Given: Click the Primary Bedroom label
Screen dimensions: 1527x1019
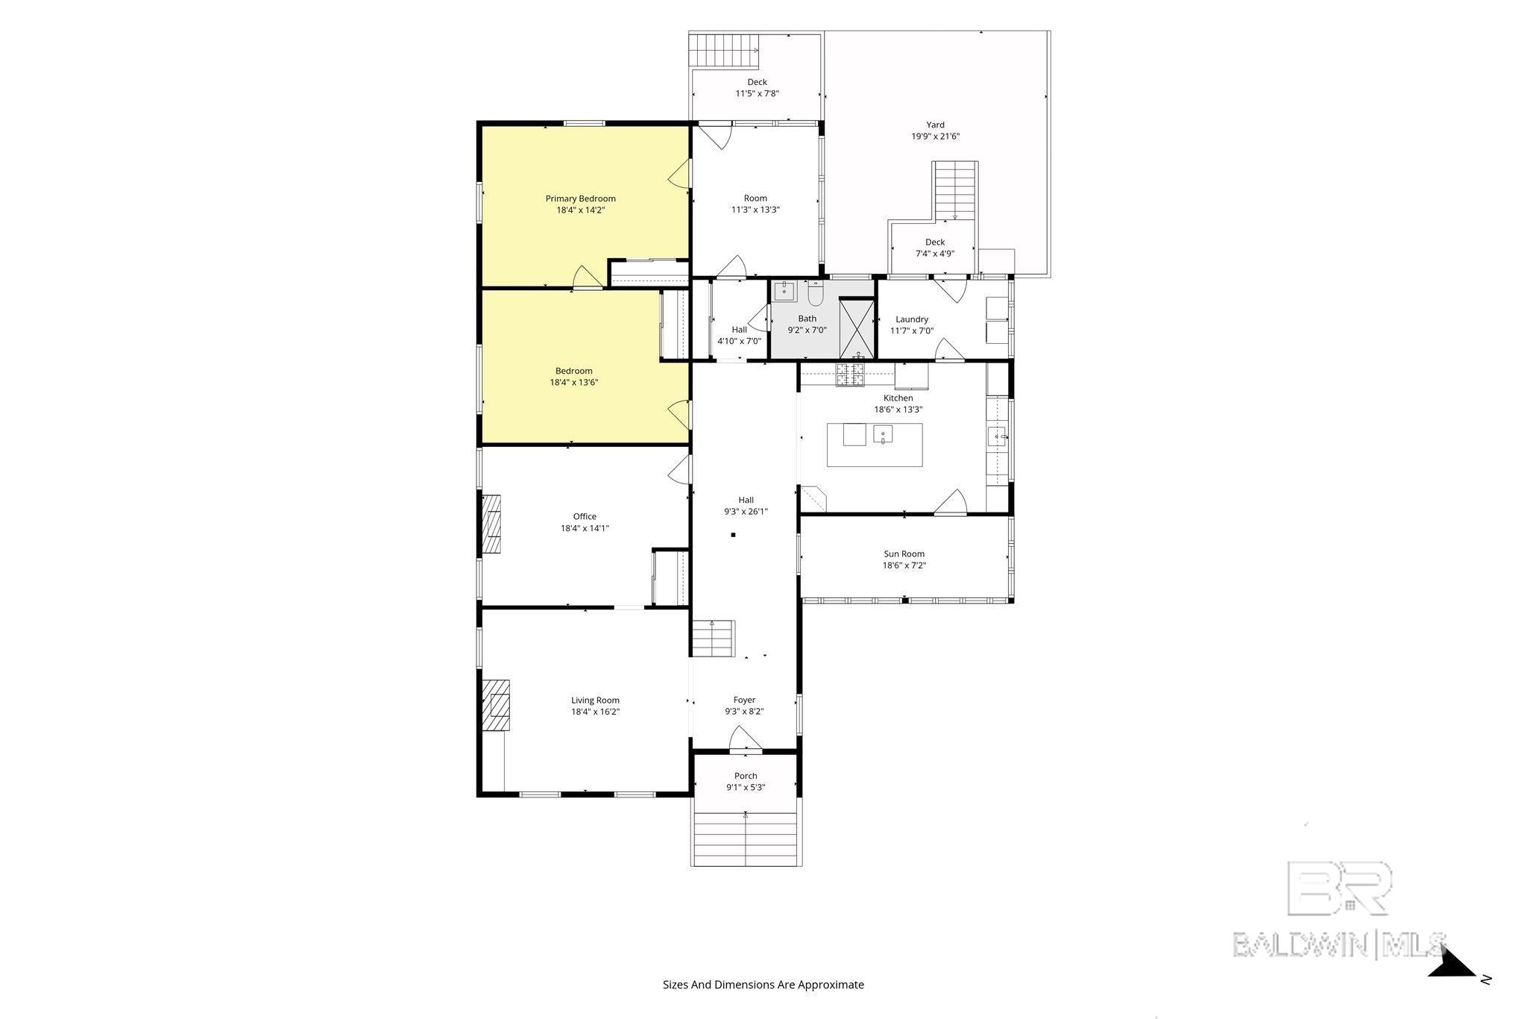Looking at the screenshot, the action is tap(580, 198).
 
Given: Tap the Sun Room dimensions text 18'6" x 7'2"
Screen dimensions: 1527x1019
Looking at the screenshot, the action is tap(904, 565).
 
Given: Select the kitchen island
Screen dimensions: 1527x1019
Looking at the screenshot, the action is tap(875, 445).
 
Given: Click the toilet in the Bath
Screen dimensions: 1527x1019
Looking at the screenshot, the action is tap(814, 294).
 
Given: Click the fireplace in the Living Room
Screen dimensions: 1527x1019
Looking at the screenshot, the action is tap(496, 706).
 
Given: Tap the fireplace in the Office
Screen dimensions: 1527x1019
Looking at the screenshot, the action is tap(491, 523).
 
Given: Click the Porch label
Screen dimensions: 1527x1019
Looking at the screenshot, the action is tap(746, 776).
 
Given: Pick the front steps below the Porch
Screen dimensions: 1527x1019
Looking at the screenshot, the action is tap(746, 839).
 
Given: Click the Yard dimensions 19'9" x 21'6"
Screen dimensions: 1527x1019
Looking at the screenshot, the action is tap(935, 137).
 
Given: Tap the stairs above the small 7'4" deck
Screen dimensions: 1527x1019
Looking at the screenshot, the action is tap(955, 190).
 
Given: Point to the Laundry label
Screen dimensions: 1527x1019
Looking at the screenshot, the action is tap(912, 319).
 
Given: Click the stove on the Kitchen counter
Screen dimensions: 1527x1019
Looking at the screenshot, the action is tap(850, 374).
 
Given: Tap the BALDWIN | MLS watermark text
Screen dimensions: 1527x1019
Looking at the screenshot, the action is tap(1339, 944).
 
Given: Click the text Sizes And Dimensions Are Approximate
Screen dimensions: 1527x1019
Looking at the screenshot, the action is tap(763, 985).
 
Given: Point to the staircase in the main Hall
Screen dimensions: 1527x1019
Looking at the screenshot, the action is tap(714, 639).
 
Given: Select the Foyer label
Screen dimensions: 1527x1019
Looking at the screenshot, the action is tap(744, 700).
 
